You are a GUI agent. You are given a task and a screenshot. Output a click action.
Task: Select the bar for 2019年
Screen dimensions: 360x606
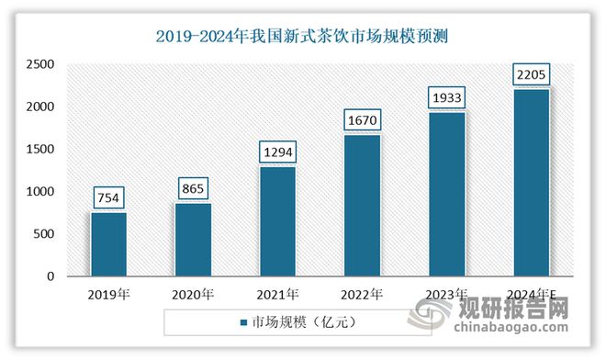[108, 244]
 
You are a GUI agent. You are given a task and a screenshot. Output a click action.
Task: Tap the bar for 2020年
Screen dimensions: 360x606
[193, 240]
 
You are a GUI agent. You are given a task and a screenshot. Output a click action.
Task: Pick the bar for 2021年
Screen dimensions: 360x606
[277, 221]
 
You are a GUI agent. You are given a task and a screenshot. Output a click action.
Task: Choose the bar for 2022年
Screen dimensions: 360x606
[362, 206]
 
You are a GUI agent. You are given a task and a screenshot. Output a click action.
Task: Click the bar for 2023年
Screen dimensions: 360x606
[446, 194]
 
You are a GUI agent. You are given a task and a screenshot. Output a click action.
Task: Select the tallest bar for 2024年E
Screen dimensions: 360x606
[531, 183]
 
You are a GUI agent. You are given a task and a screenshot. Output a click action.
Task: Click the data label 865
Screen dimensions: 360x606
[193, 189]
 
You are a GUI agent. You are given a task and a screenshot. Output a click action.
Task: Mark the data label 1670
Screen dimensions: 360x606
[362, 120]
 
